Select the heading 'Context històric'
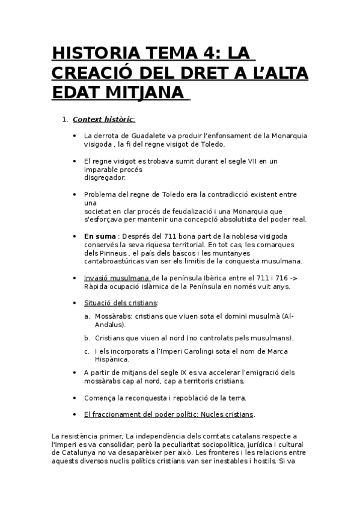tap(103, 119)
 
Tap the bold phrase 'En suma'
tap(100, 236)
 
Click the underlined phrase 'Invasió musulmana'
tap(117, 278)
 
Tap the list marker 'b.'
tap(87, 337)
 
